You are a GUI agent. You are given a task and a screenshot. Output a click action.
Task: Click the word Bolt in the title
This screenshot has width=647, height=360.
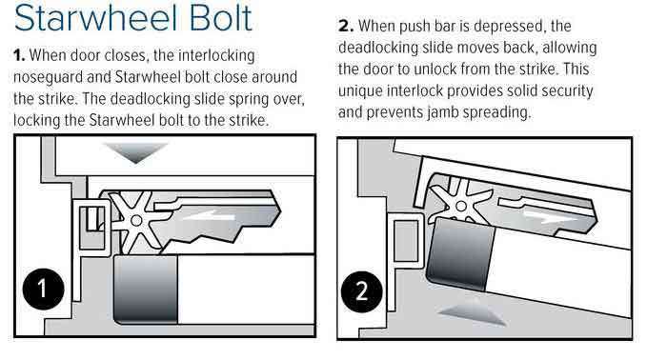(221, 17)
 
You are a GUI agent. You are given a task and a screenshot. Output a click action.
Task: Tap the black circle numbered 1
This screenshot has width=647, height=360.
(43, 289)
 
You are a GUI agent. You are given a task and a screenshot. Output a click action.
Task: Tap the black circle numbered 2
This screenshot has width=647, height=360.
(362, 291)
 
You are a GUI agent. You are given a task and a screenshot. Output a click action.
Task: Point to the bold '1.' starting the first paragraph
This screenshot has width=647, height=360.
(19, 55)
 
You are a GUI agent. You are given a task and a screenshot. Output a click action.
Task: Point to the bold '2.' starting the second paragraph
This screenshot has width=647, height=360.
(346, 26)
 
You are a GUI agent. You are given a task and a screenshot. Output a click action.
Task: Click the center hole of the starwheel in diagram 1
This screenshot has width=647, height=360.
(136, 221)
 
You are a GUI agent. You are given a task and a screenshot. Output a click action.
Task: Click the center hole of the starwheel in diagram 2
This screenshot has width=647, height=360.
(461, 206)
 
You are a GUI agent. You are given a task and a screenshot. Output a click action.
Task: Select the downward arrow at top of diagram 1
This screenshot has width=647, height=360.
(136, 152)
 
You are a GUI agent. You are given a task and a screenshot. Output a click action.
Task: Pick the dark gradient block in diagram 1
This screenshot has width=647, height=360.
(145, 289)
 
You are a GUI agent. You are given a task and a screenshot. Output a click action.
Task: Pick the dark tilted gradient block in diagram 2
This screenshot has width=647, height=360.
(459, 252)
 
